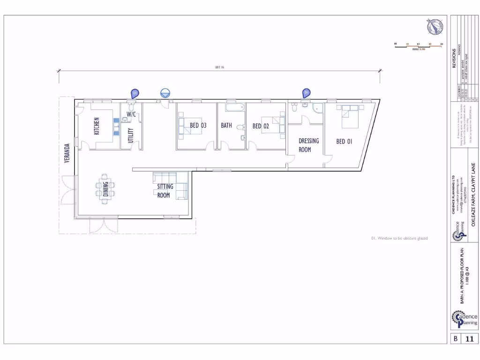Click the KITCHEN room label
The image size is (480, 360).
click(x=97, y=126)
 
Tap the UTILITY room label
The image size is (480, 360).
click(x=131, y=135)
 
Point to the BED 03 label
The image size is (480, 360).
click(x=198, y=126)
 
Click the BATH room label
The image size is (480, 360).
click(x=226, y=126)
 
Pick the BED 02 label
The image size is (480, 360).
click(x=261, y=126)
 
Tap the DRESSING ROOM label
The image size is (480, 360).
click(x=308, y=145)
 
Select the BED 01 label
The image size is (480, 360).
click(x=344, y=141)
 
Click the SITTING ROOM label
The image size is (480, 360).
click(x=165, y=190)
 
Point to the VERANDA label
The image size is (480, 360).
click(x=67, y=153)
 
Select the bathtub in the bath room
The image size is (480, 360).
click(x=234, y=107)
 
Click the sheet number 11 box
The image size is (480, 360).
click(x=470, y=338)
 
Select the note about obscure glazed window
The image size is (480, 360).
click(x=399, y=238)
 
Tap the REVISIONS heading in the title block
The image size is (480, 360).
click(x=454, y=58)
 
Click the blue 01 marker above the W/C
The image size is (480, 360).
click(x=135, y=94)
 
